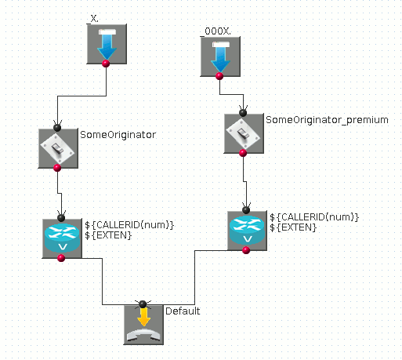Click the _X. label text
click(93, 19)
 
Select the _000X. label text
click(215, 31)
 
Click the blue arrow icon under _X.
click(107, 44)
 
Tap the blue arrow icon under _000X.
click(220, 56)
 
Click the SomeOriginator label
click(118, 135)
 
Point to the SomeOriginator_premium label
click(327, 120)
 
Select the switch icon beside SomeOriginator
click(58, 148)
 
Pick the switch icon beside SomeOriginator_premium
click(244, 133)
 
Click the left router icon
click(62, 238)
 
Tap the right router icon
click(248, 231)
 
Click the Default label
click(183, 311)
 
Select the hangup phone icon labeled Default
click(143, 325)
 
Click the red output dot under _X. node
click(106, 64)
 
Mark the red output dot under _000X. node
click(219, 76)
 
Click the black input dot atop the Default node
click(143, 304)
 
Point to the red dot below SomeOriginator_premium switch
click(243, 153)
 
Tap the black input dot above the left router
click(61, 217)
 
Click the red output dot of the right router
click(246, 250)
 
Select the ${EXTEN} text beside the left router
click(108, 235)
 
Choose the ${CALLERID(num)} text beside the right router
click(314, 217)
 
